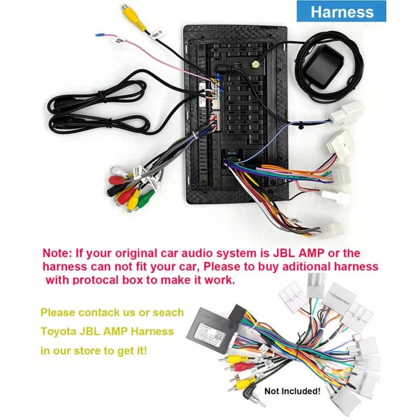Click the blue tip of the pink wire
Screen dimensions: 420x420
(98, 35)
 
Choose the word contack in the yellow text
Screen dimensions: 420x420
(101, 312)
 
